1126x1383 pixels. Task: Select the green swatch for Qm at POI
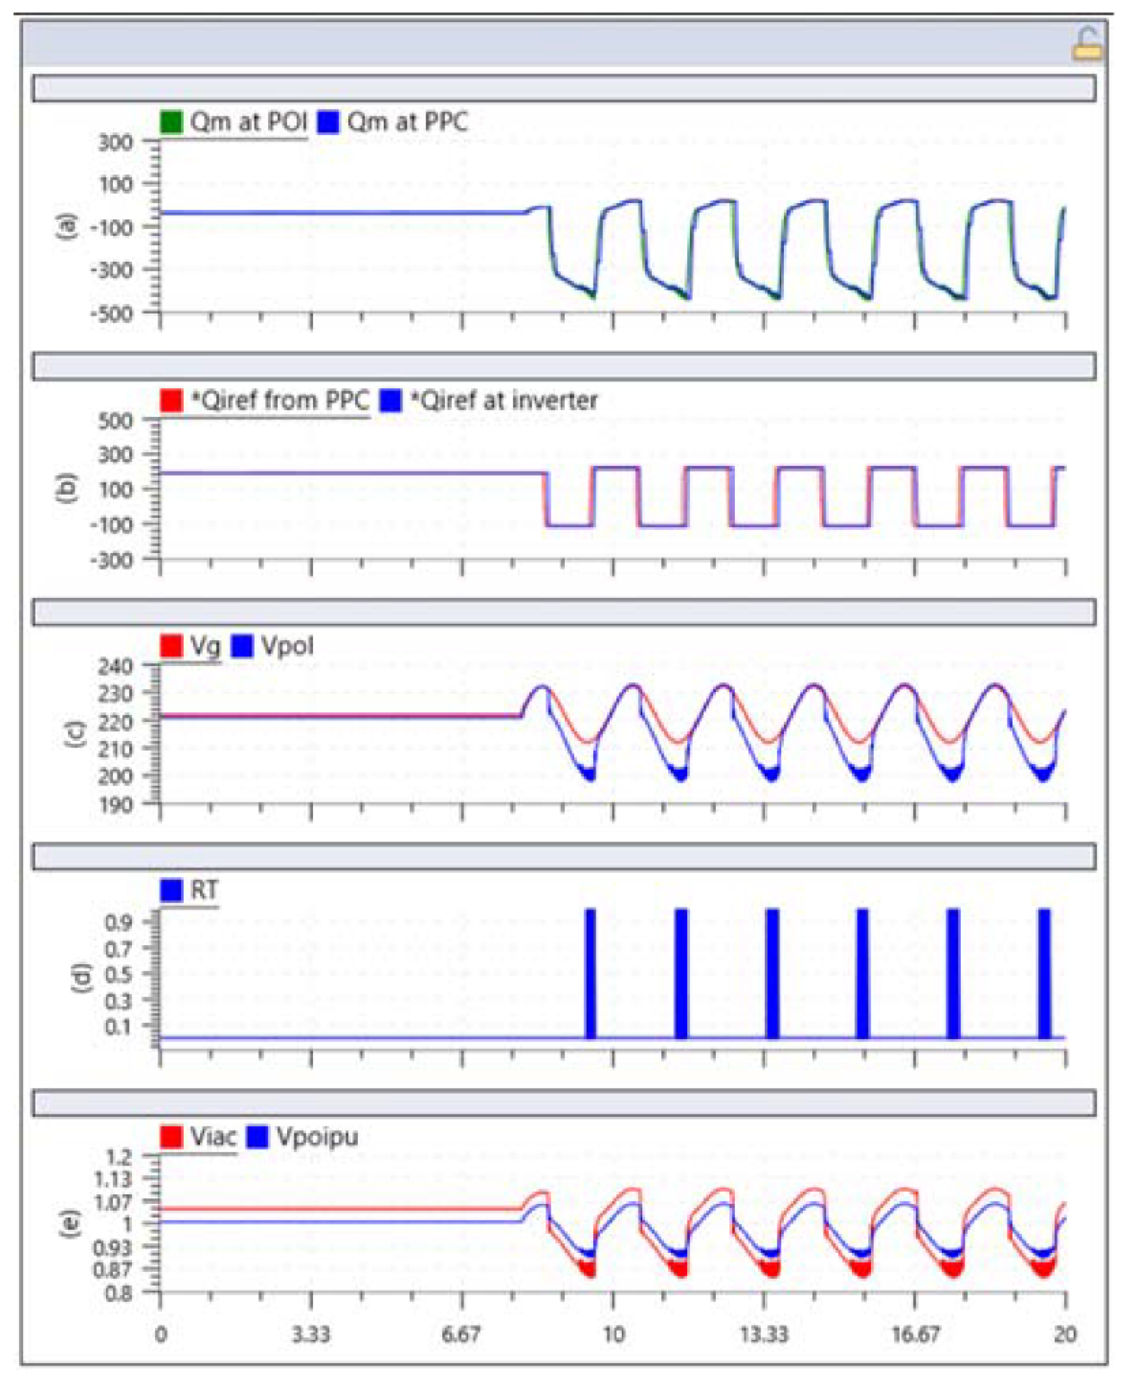click(x=171, y=122)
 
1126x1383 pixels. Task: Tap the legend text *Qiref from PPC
click(x=280, y=400)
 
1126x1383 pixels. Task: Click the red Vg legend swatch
click(x=171, y=646)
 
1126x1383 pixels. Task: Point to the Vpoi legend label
click(x=287, y=646)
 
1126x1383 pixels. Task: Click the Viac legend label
click(x=213, y=1136)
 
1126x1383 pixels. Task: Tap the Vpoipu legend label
click(x=317, y=1136)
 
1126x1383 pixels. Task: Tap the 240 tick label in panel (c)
click(x=115, y=666)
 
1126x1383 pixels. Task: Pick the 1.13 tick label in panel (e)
click(x=113, y=1179)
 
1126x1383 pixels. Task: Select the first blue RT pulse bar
click(x=590, y=973)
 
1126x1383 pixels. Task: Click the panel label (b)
click(x=68, y=488)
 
